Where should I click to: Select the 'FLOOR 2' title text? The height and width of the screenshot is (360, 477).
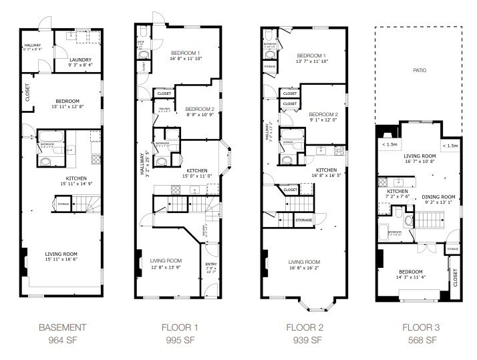click(304, 327)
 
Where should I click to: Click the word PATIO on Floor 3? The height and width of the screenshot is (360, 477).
click(420, 69)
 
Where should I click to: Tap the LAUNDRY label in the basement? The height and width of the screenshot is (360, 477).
click(79, 59)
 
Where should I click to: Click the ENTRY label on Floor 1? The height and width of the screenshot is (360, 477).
click(210, 264)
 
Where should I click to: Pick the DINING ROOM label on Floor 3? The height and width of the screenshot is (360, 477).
click(438, 196)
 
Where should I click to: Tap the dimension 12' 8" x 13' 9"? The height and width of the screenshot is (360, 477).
click(166, 267)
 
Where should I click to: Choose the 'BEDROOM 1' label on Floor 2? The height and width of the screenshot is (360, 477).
click(311, 55)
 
